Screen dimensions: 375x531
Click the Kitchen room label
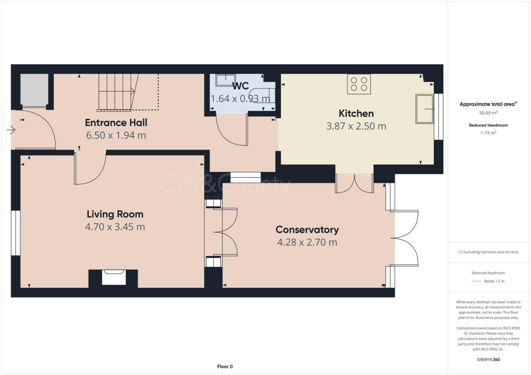(356, 113)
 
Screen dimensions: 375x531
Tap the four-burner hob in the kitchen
(359, 84)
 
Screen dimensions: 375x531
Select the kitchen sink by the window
(424, 109)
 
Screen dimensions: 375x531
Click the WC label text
(241, 86)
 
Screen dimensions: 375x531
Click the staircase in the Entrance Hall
(118, 92)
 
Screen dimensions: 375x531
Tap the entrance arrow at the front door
(10, 130)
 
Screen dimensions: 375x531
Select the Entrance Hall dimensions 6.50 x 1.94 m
(116, 135)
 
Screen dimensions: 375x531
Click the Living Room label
(115, 214)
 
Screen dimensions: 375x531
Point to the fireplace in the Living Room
(113, 278)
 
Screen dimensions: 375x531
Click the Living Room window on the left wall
(16, 233)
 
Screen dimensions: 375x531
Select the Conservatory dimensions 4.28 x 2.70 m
(307, 242)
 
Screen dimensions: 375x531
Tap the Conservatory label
(307, 229)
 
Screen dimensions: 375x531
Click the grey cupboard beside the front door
(34, 91)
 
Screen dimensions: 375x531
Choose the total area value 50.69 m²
(487, 112)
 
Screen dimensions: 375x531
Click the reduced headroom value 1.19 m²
(487, 133)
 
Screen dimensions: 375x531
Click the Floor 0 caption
(225, 366)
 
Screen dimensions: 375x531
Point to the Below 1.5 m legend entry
(494, 281)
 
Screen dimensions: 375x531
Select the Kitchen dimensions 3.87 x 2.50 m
(356, 126)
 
